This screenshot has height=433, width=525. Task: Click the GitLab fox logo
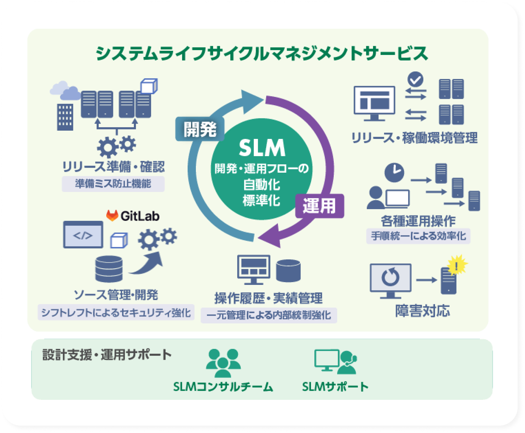point(112,215)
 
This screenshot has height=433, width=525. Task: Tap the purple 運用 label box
point(319,206)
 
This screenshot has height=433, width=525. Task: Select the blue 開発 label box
point(200,129)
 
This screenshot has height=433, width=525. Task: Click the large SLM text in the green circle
point(262,148)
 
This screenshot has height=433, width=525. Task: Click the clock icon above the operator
point(394,172)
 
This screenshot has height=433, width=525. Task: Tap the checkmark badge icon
point(415,80)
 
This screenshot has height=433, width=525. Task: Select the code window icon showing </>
point(83,235)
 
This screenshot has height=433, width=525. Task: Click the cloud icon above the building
point(65,90)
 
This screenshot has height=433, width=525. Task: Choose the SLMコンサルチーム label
point(223,387)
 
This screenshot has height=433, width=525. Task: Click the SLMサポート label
point(335,387)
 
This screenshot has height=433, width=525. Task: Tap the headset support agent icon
point(347,362)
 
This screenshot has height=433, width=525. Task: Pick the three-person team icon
point(223,362)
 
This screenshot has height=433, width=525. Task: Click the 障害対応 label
point(422,311)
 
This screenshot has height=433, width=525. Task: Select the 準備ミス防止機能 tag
point(113,184)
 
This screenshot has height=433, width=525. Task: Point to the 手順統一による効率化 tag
point(418,236)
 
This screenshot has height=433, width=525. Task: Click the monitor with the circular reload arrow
point(390,280)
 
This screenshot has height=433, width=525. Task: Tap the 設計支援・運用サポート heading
point(107,355)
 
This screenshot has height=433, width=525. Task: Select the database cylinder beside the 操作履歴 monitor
point(288,271)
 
